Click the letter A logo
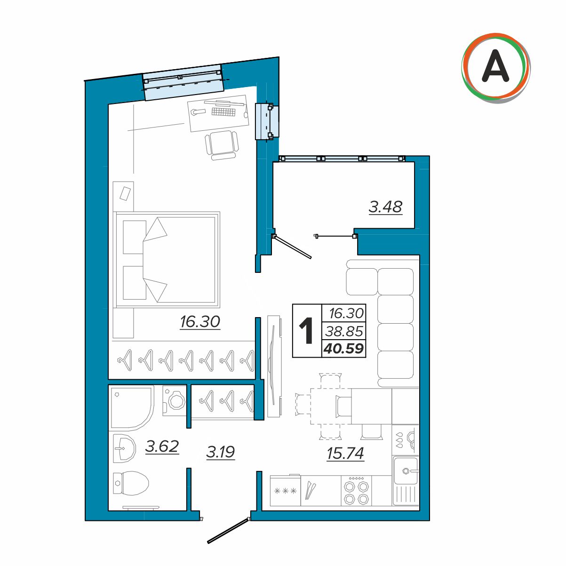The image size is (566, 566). pos(495,68)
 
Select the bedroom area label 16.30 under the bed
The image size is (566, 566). pos(200,322)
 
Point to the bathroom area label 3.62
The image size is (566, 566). pos(162,447)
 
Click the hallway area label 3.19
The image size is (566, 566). pos(220,452)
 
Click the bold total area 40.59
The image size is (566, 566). pos(343,348)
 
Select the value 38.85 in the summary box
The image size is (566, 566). pos(344,331)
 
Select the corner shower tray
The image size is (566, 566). pos(132,408)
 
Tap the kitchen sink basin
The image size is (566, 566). pos(406,471)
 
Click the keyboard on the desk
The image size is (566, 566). pos(223,112)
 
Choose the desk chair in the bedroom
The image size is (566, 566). pos(222,145)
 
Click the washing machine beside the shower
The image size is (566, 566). pos(175,401)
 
